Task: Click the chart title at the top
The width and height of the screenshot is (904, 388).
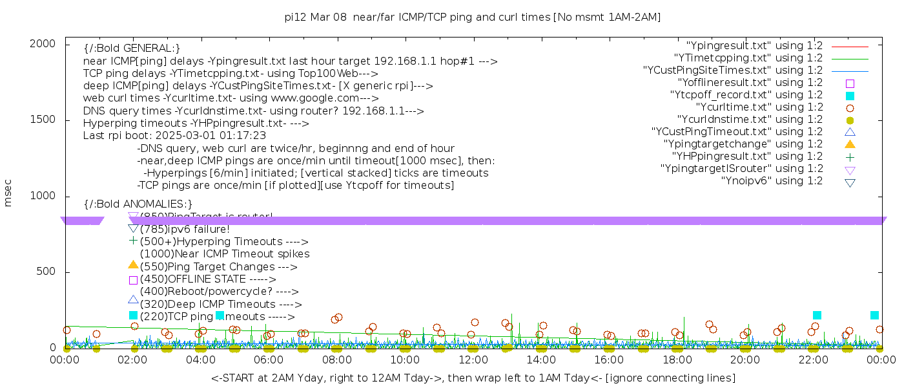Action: pos(473,17)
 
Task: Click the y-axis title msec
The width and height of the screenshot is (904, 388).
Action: pos(8,193)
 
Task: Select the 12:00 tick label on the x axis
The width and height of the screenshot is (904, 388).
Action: pos(473,360)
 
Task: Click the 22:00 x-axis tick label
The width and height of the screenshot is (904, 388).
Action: pos(813,360)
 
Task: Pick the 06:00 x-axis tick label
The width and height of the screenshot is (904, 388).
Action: pos(269,360)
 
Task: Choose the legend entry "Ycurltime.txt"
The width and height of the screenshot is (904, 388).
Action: pos(759,107)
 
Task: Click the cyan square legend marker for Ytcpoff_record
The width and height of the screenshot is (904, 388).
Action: pos(850,96)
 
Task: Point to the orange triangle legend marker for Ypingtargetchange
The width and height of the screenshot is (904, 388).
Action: pos(850,144)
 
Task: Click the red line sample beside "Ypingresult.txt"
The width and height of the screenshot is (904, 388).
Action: pos(850,47)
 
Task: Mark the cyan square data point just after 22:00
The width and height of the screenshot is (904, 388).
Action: pos(817,316)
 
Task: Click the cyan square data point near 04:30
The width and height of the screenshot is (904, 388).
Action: pos(220,316)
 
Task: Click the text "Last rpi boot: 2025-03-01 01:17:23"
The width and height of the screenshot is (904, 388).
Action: pos(174,136)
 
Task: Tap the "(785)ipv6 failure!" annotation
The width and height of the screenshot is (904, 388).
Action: pos(185,230)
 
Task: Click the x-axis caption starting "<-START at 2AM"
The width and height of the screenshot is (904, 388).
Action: pos(473,378)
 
